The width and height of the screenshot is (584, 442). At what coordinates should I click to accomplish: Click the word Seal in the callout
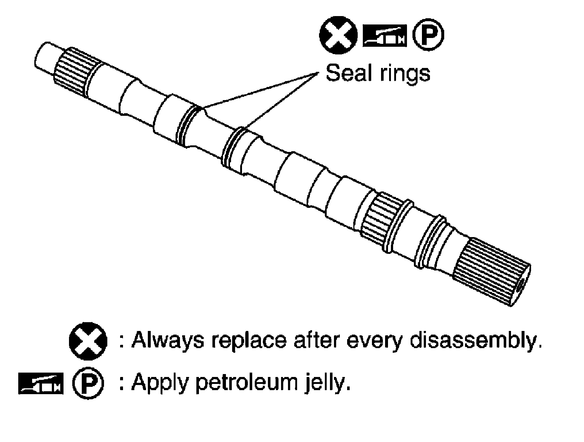tap(347, 73)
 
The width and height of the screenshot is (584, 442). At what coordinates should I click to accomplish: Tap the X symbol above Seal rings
tap(338, 35)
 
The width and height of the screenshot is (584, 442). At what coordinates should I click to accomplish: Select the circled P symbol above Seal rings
tap(428, 35)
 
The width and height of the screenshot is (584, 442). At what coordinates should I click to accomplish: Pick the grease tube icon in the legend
tap(40, 384)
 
